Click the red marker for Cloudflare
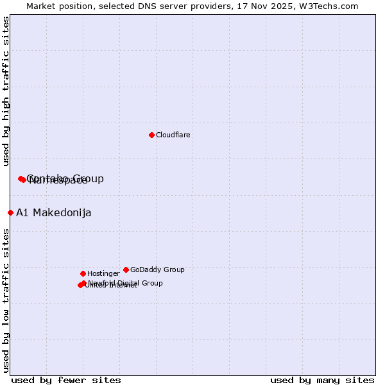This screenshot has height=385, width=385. click(x=151, y=135)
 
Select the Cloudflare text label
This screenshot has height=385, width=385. click(x=173, y=135)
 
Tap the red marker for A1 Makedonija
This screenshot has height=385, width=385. click(x=10, y=212)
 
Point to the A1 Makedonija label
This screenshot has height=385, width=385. click(x=54, y=213)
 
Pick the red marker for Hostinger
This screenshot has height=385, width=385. click(x=83, y=273)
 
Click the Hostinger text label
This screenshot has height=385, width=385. click(x=103, y=274)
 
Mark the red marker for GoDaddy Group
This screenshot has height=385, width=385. click(x=126, y=269)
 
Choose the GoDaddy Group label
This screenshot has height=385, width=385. click(x=157, y=270)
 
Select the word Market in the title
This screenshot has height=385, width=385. click(x=42, y=6)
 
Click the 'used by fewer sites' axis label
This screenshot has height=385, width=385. click(x=66, y=380)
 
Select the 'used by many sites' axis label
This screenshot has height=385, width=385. click(x=322, y=380)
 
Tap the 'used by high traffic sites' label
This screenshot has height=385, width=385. click(x=6, y=91)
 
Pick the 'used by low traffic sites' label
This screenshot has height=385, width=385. click(x=6, y=300)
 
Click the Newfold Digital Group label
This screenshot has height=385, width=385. click(x=125, y=283)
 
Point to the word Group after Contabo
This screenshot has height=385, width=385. click(x=88, y=178)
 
